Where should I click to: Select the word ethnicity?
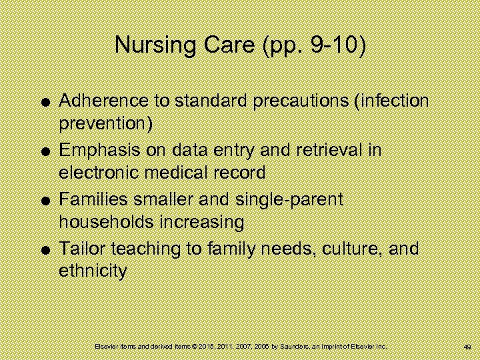(93, 271)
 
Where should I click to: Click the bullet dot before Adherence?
(43, 102)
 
